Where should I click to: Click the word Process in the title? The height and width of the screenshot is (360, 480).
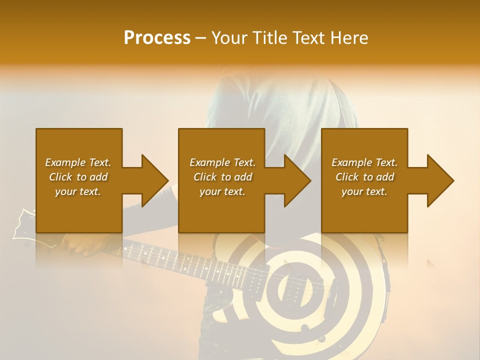pos(157,38)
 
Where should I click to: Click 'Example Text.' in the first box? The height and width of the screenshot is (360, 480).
pos(78,162)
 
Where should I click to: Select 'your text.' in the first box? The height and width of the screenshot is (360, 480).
pos(78,191)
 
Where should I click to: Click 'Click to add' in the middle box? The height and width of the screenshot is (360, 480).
pos(222,177)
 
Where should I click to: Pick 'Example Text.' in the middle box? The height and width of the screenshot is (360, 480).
pos(222,162)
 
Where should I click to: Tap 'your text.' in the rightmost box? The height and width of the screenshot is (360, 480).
pos(364,191)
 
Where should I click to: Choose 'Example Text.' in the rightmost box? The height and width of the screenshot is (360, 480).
pos(364,162)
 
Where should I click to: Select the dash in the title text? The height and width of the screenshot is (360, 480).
pos(200,38)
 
